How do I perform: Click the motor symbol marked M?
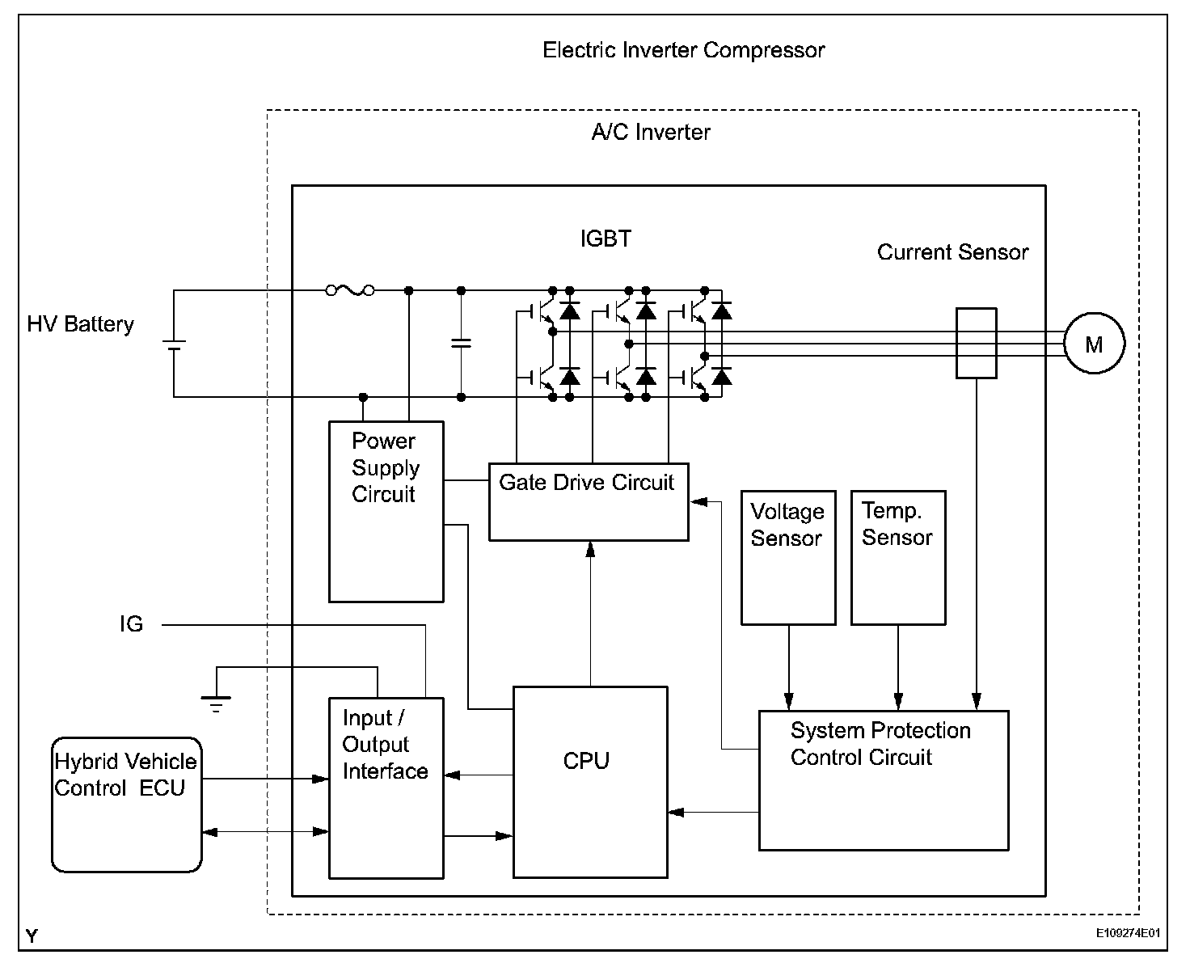click(1093, 344)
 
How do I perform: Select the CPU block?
click(590, 782)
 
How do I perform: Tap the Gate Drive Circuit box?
click(589, 501)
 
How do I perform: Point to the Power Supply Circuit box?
click(386, 511)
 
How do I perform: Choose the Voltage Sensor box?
click(788, 557)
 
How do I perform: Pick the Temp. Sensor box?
click(898, 557)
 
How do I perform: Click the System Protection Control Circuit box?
click(883, 780)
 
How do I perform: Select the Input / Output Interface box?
click(386, 788)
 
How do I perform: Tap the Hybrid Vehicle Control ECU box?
click(126, 804)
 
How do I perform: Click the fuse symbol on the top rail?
click(350, 289)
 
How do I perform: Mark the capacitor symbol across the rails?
click(461, 344)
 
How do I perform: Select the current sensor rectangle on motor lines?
click(976, 343)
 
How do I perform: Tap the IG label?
click(131, 624)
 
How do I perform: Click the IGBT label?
click(606, 239)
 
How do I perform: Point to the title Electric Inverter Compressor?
click(683, 50)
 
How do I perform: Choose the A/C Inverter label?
click(651, 133)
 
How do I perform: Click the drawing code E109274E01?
click(1128, 933)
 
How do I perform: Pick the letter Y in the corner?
click(32, 936)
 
